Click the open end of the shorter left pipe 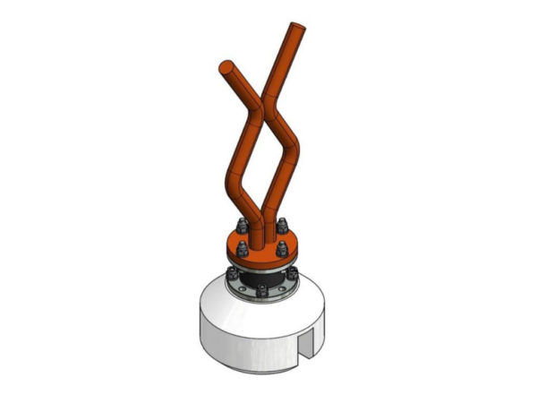[x=226, y=67]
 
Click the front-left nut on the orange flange [x=242, y=252]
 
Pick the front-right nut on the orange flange [x=283, y=250]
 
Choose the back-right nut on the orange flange [x=284, y=225]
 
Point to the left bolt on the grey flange [x=233, y=274]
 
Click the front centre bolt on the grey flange [x=262, y=291]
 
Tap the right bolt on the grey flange [x=292, y=273]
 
